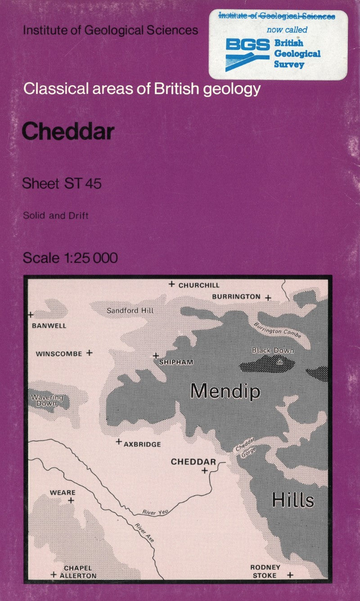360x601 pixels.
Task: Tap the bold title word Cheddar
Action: [x=68, y=131]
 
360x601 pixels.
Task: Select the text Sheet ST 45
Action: [x=62, y=184]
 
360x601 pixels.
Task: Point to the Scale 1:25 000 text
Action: [x=70, y=258]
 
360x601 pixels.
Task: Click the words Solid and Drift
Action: [x=56, y=216]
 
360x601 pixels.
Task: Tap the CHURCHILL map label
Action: [x=199, y=285]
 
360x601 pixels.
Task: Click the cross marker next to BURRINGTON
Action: [x=268, y=298]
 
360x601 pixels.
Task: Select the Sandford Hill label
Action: [x=130, y=311]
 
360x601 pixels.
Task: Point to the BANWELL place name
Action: [x=49, y=325]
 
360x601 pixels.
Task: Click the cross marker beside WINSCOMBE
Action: [x=89, y=353]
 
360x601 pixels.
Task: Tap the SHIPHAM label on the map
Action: [x=176, y=362]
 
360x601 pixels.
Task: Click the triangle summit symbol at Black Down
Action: [x=279, y=361]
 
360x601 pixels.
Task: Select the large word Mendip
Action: [x=225, y=391]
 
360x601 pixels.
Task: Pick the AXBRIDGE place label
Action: [x=142, y=444]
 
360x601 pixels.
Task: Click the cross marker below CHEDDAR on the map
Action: [x=205, y=470]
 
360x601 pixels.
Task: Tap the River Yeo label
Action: [x=155, y=512]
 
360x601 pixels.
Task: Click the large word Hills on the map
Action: [x=292, y=500]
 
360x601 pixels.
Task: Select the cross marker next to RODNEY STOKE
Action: [x=290, y=575]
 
